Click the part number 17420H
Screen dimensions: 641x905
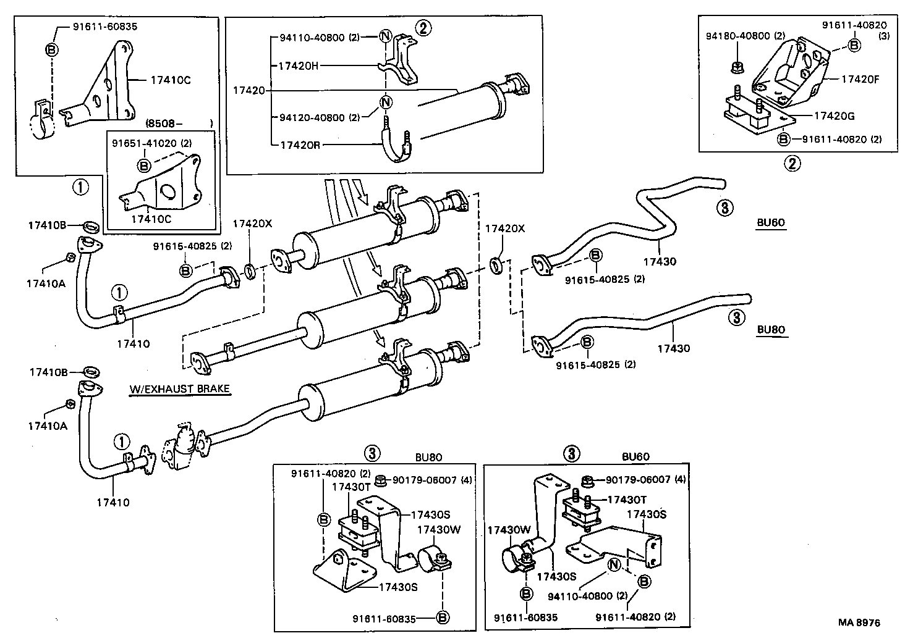(x=299, y=65)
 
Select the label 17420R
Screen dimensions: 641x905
(x=299, y=146)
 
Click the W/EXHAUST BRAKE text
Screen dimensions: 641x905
(x=179, y=389)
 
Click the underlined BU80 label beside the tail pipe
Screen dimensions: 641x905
(x=771, y=330)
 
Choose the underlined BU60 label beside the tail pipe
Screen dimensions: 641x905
(x=771, y=224)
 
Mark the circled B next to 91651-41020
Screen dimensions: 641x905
(x=144, y=165)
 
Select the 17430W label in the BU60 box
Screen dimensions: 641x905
(x=509, y=530)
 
